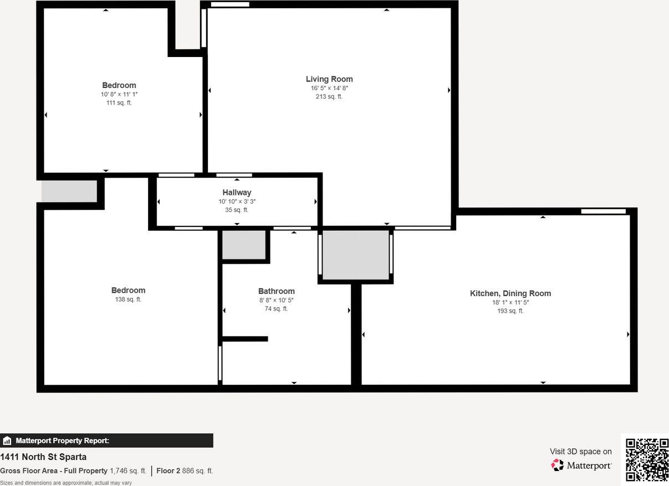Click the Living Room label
329,79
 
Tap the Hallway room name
237,193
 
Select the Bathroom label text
276,291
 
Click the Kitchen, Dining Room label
510,293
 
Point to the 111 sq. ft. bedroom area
119,103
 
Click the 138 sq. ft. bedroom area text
127,299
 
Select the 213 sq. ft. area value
329,97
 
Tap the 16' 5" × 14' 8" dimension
329,88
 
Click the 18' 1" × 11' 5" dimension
510,302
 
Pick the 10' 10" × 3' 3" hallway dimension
237,201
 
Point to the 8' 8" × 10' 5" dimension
276,300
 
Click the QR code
647,459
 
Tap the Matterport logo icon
557,465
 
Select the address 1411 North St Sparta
43,457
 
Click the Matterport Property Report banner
106,441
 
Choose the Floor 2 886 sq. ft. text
185,471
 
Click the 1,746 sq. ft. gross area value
128,471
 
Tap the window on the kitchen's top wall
603,211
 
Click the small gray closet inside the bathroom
243,245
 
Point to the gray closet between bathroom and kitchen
355,255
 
